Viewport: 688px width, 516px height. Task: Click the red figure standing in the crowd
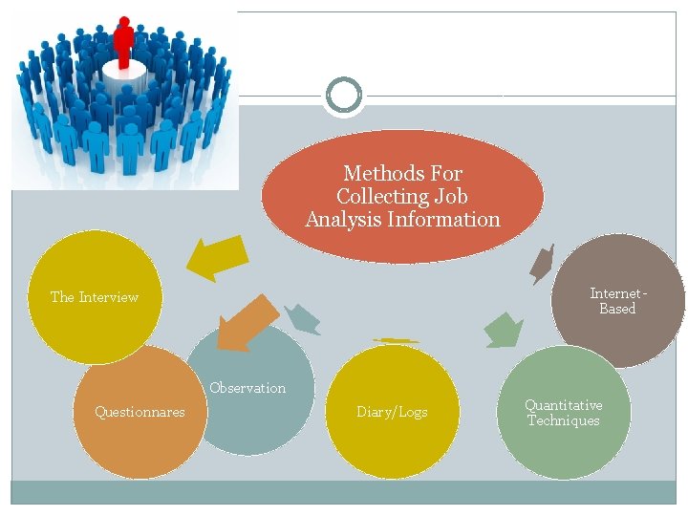[x=123, y=40]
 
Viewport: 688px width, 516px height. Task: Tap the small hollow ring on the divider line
[x=344, y=96]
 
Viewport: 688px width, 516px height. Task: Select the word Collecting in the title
[x=368, y=197]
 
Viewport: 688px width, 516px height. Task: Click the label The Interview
[x=95, y=297]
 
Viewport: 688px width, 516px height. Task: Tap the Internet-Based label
[x=618, y=301]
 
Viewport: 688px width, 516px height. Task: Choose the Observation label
[x=247, y=388]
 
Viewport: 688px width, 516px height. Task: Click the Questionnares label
[x=140, y=412]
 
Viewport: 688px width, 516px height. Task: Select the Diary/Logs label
[x=392, y=412]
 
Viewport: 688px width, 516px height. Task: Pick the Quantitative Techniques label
[x=564, y=413]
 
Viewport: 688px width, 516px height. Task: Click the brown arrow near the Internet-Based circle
[x=543, y=263]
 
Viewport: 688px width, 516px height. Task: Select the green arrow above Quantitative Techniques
[x=503, y=330]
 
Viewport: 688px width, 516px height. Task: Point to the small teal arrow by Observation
[x=303, y=318]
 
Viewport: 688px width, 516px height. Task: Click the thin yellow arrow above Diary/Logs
[x=396, y=340]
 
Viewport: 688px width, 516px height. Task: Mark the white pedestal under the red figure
[x=124, y=71]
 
